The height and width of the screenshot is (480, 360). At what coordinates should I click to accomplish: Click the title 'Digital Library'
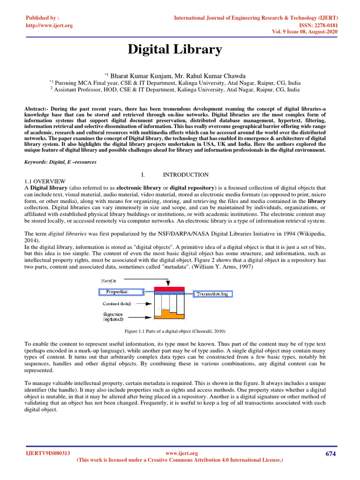[175, 50]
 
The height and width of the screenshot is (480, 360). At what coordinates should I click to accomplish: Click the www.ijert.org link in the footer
[182, 453]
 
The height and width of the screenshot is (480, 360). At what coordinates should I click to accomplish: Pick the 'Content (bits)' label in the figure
[117, 304]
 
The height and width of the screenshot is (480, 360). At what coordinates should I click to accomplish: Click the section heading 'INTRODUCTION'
[185, 175]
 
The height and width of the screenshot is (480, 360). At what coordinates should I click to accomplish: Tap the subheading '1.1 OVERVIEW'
[45, 181]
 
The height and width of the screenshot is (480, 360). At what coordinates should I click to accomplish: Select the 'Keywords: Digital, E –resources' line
[60, 162]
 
